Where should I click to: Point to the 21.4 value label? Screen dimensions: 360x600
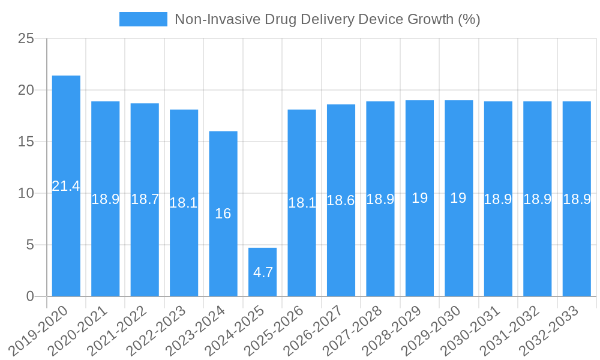click(x=66, y=186)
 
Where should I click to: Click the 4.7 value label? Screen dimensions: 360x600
click(x=263, y=272)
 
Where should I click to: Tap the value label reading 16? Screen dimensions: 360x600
click(x=223, y=214)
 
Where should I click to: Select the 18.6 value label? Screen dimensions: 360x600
click(x=341, y=200)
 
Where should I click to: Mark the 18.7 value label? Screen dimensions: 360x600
click(x=145, y=200)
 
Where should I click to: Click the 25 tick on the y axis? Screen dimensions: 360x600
click(x=26, y=39)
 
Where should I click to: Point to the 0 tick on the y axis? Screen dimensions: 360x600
click(x=31, y=296)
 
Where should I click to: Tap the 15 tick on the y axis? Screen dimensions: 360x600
click(x=26, y=142)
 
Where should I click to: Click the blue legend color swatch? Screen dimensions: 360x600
click(x=143, y=19)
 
